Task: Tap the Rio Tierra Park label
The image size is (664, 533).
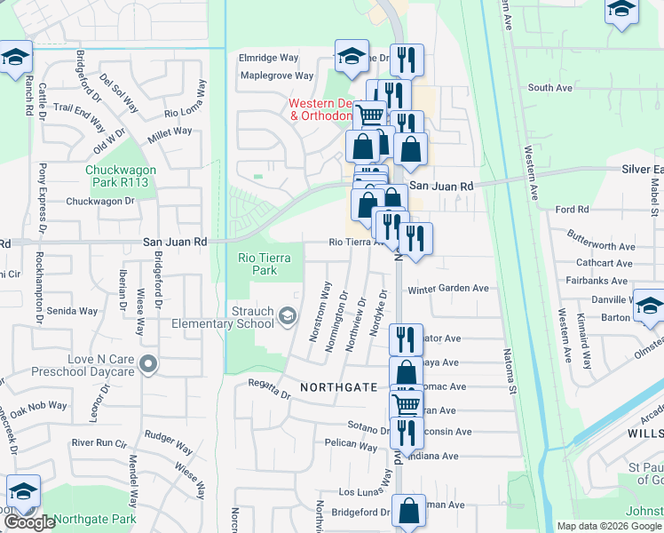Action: [258, 264]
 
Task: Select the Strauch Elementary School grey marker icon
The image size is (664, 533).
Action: [288, 315]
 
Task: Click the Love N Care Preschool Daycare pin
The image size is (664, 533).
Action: [149, 364]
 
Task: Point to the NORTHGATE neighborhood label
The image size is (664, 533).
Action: [338, 387]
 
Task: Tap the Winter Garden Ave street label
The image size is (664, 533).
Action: [448, 289]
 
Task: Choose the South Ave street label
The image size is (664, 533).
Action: [549, 88]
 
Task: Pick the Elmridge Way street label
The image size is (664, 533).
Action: [269, 58]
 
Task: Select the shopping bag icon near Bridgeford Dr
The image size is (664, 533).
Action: [408, 512]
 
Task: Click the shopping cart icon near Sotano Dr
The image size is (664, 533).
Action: [407, 405]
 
